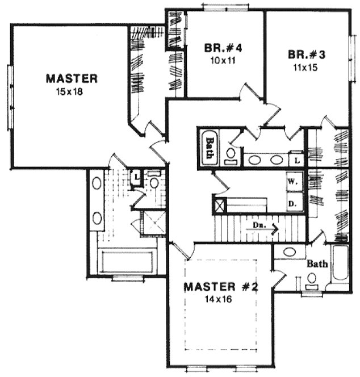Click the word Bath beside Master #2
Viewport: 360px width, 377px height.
(x=316, y=264)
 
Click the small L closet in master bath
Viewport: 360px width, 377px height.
(x=136, y=178)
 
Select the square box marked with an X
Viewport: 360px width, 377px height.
(x=219, y=203)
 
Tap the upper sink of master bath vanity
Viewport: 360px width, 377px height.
(x=97, y=183)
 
